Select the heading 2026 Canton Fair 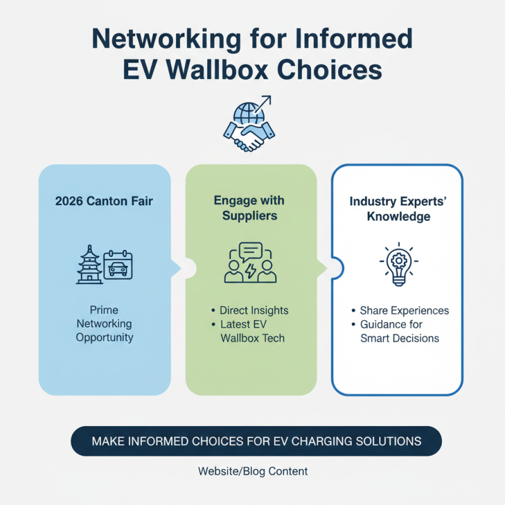(x=105, y=202)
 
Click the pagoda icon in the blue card (x=89, y=265)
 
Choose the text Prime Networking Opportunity (x=105, y=324)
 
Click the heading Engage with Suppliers (x=249, y=209)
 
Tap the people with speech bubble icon (x=250, y=262)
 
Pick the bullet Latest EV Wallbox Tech (x=252, y=331)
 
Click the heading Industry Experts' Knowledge (x=399, y=209)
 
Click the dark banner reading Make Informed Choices (x=256, y=440)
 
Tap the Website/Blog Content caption (x=253, y=472)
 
